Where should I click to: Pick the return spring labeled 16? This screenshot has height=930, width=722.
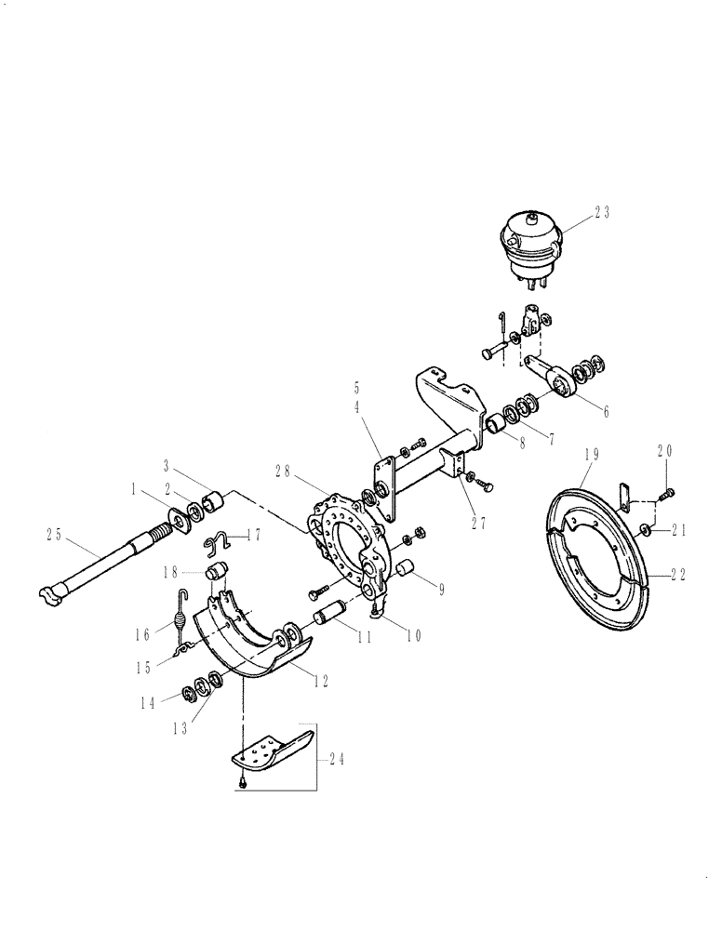[x=181, y=615]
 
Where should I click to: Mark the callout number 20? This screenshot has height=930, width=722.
[x=663, y=452]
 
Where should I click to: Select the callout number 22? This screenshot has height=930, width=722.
[x=676, y=576]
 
